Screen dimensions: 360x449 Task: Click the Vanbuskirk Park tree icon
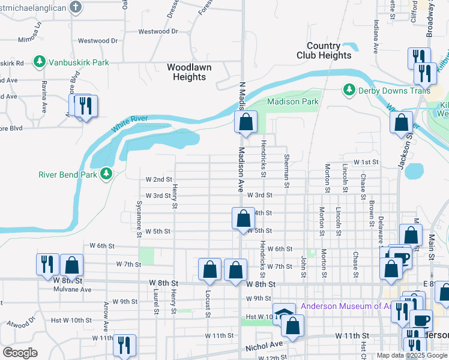pyautogui.click(x=40, y=62)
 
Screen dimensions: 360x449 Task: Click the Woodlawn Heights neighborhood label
pyautogui.click(x=189, y=72)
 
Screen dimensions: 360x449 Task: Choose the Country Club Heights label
pyautogui.click(x=324, y=50)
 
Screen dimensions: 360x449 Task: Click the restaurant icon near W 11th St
pyautogui.click(x=124, y=344)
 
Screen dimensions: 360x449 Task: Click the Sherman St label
pyautogui.click(x=286, y=172)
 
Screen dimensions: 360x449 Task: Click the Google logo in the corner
pyautogui.click(x=20, y=352)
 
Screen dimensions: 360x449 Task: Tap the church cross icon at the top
pyautogui.click(x=74, y=7)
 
